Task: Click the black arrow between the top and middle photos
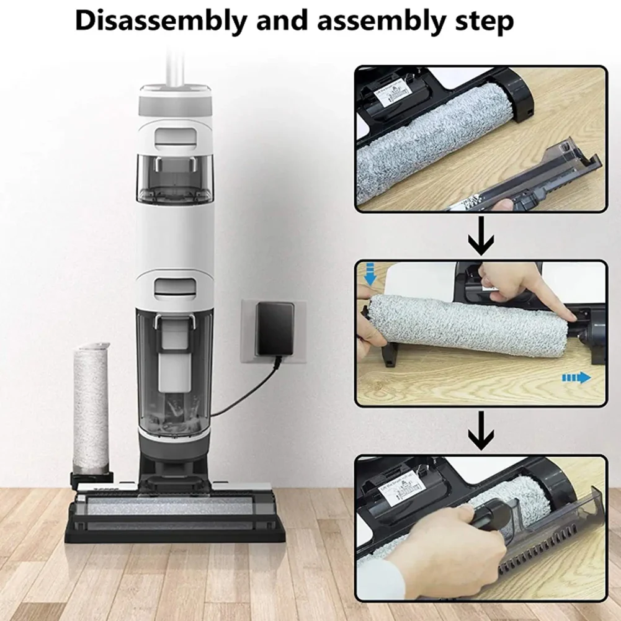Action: [x=480, y=237]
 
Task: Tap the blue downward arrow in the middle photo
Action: [x=370, y=277]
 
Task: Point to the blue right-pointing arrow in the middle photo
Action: [x=576, y=378]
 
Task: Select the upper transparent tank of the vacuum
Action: [x=174, y=177]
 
